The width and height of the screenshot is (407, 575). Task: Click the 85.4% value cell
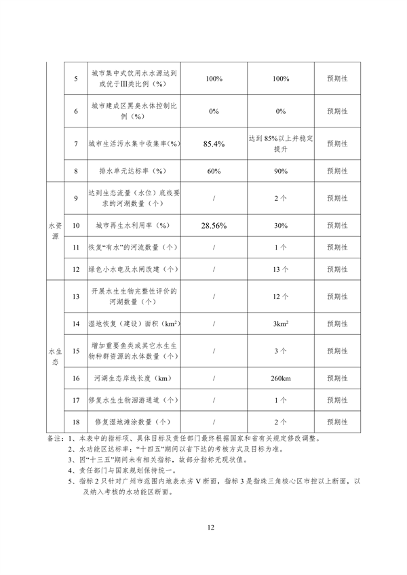(x=214, y=144)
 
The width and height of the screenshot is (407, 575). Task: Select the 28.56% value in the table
(x=214, y=225)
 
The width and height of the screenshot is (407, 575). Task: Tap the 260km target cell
(x=282, y=378)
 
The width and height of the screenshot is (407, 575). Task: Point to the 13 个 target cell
(x=282, y=269)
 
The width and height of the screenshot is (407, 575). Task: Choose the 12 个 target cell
(x=282, y=296)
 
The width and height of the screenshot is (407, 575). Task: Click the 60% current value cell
(x=214, y=172)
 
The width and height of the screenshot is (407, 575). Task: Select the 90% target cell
(x=282, y=172)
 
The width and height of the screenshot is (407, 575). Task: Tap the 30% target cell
(x=282, y=225)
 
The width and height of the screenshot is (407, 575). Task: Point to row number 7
(x=76, y=144)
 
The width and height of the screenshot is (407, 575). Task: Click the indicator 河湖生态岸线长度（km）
(x=133, y=378)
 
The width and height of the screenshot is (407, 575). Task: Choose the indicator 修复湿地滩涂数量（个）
(x=133, y=422)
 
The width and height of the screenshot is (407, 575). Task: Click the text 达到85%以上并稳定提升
(x=282, y=144)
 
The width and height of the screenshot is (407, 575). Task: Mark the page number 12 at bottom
(x=211, y=526)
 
